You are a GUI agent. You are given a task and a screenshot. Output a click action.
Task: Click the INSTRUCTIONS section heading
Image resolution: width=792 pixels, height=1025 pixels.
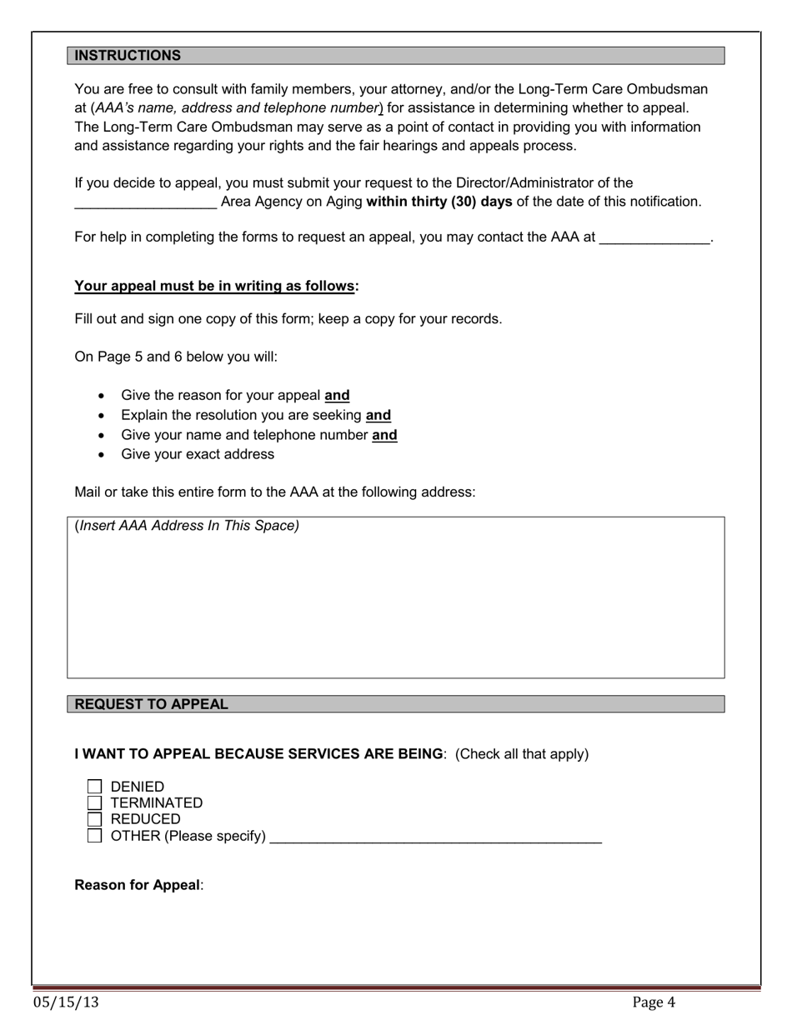(x=128, y=56)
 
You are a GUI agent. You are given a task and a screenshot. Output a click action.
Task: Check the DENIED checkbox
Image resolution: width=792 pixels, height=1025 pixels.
(x=94, y=787)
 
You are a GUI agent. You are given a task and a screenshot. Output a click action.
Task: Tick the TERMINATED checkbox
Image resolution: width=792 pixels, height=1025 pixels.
(x=94, y=802)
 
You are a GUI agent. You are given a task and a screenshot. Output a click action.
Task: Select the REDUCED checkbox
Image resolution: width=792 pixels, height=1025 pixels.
(x=94, y=819)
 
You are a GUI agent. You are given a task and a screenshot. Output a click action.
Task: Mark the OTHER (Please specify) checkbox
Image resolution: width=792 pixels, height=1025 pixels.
(x=94, y=836)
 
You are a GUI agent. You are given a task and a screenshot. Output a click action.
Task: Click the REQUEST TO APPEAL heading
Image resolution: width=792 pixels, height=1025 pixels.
(x=151, y=704)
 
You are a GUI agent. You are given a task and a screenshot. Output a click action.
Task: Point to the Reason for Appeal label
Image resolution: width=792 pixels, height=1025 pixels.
(x=138, y=885)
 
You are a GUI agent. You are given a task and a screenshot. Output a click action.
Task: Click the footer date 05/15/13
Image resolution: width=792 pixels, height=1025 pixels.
(x=66, y=1002)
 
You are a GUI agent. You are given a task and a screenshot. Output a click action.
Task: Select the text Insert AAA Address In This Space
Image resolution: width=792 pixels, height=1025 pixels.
(x=188, y=526)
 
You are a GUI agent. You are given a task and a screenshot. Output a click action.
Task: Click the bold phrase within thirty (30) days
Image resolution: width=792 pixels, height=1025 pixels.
(x=439, y=202)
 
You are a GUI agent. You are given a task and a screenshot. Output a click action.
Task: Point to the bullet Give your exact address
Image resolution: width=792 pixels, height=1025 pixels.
(x=198, y=454)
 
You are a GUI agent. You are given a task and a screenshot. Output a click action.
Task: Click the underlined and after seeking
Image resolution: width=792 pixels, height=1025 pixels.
(x=378, y=415)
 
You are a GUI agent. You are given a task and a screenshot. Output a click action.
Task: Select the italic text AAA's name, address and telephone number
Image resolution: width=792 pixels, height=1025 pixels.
(x=238, y=108)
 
